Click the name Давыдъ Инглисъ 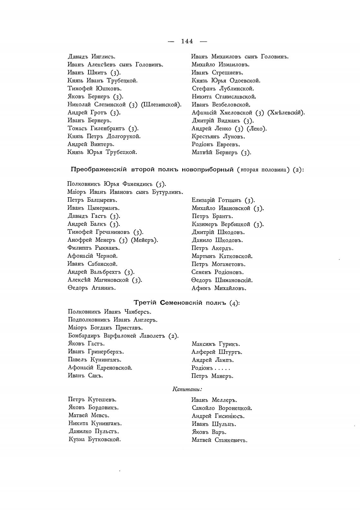click(x=92, y=57)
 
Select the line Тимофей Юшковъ click(x=95, y=89)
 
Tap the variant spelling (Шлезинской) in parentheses click(x=161, y=104)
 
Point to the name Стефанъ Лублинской click(x=223, y=89)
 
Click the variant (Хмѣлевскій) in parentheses click(x=286, y=113)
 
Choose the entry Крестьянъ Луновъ click(x=219, y=137)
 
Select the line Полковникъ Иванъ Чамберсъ click(x=110, y=312)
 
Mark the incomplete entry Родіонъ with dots click(x=211, y=368)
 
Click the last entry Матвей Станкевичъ click(x=219, y=440)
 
